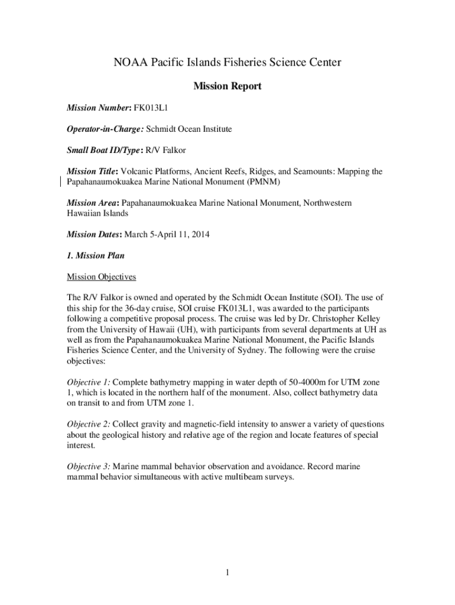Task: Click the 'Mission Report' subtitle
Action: pos(227,87)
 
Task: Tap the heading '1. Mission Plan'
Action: pos(95,255)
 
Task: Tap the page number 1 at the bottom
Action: pos(227,573)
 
